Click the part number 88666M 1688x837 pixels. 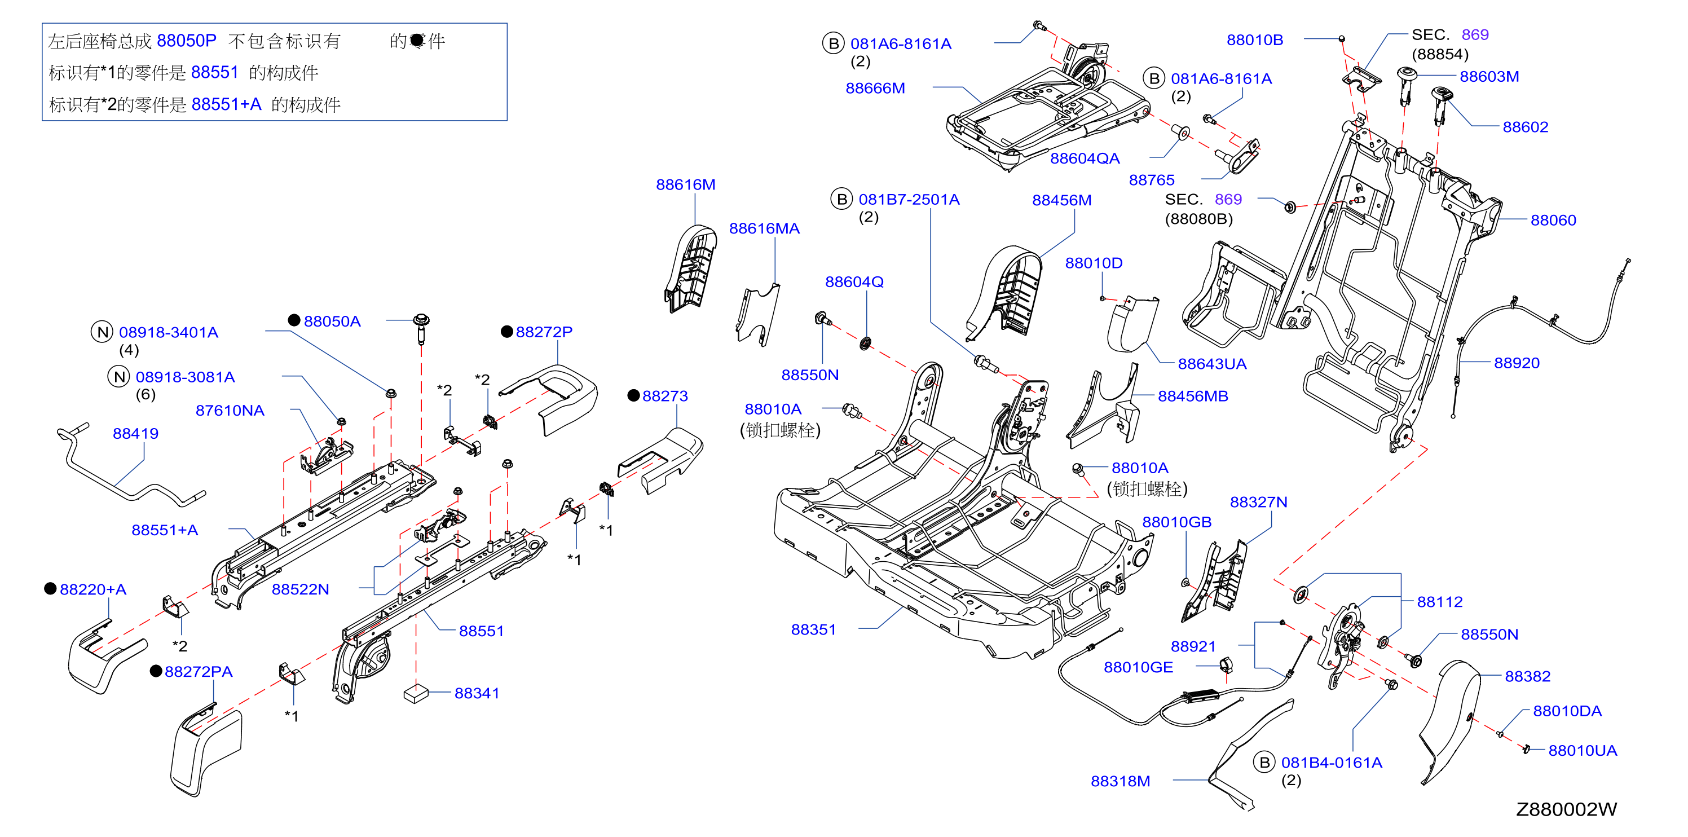[x=875, y=88]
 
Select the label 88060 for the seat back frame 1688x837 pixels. [x=1553, y=220]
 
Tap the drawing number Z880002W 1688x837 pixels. [x=1566, y=809]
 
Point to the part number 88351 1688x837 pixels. [x=813, y=629]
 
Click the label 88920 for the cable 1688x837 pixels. [x=1517, y=363]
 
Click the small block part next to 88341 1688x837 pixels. [x=416, y=694]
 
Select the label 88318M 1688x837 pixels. [x=1120, y=781]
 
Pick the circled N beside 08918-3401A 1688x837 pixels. [x=102, y=332]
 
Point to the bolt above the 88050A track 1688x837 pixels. [x=421, y=328]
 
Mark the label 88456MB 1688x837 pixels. [x=1193, y=396]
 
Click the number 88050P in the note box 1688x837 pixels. [x=186, y=41]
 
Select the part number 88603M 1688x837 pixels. [x=1489, y=76]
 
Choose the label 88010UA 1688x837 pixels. [x=1583, y=751]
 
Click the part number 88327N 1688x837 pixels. [x=1258, y=501]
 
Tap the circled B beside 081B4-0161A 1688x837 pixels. [x=1264, y=763]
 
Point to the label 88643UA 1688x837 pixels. [x=1211, y=364]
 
